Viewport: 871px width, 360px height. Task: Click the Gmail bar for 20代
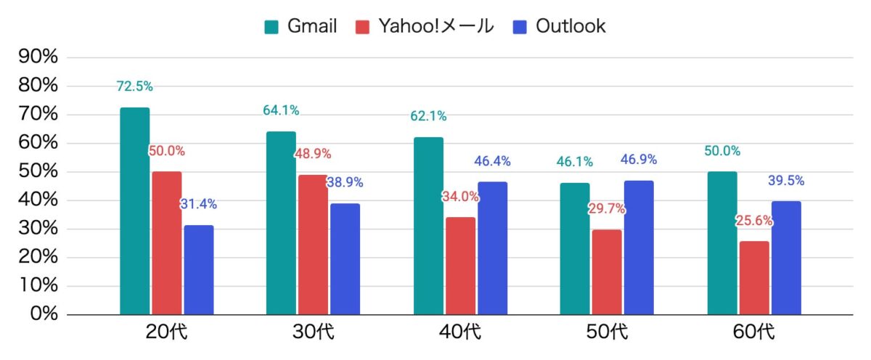[135, 210]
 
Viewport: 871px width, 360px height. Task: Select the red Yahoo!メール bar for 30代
[313, 245]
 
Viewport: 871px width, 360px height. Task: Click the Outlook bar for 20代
[198, 270]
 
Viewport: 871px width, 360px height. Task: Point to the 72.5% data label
[135, 86]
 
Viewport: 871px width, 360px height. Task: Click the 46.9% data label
[639, 160]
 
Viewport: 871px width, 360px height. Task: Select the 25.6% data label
[754, 221]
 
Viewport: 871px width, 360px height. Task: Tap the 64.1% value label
[282, 110]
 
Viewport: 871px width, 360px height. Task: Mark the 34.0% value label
[461, 197]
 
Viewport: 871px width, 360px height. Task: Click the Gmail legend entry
[300, 27]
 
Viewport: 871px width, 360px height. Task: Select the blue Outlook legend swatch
[520, 28]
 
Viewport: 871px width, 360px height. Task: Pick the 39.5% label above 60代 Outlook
[786, 181]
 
